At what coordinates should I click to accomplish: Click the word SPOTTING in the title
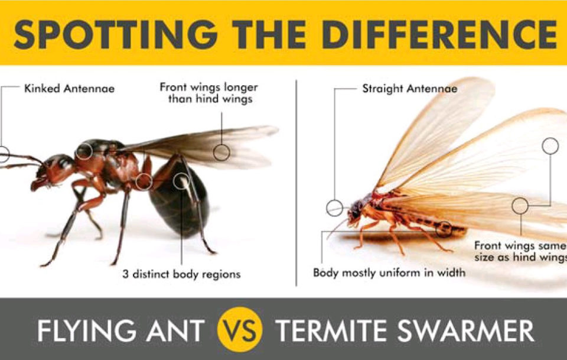click(115, 34)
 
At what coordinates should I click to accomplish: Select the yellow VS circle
click(240, 329)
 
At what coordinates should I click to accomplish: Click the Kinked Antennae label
click(70, 89)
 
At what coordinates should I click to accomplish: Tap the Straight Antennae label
click(410, 89)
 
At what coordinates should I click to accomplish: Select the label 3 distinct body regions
click(181, 274)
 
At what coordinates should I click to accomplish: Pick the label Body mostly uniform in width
click(389, 273)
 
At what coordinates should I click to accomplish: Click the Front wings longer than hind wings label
click(209, 93)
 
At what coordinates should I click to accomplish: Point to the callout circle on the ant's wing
click(221, 153)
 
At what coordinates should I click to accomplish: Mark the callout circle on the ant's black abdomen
click(181, 181)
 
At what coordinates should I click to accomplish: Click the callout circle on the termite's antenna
click(334, 208)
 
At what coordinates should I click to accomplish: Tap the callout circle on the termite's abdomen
click(444, 229)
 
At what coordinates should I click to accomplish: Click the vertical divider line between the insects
click(296, 183)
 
